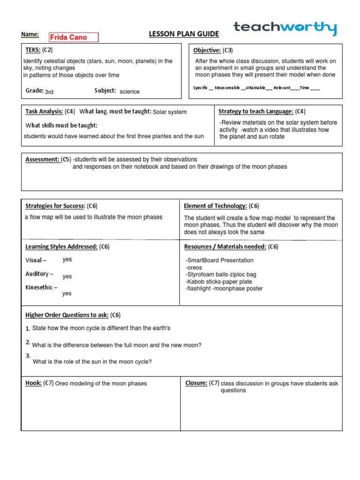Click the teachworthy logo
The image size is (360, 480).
pyautogui.click(x=285, y=28)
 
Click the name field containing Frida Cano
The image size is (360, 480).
pyautogui.click(x=69, y=37)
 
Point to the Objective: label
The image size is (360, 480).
pyautogui.click(x=207, y=50)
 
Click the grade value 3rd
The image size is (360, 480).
pyautogui.click(x=49, y=92)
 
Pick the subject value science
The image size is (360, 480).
pyautogui.click(x=129, y=92)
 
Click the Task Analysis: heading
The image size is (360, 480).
pyautogui.click(x=44, y=111)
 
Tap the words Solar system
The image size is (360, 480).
pyautogui.click(x=170, y=112)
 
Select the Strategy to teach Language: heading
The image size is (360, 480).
pyautogui.click(x=256, y=111)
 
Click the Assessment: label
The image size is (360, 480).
pyautogui.click(x=42, y=159)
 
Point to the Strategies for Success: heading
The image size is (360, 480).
pyautogui.click(x=55, y=206)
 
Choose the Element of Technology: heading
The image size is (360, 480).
pyautogui.click(x=215, y=206)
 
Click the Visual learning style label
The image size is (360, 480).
pyautogui.click(x=36, y=260)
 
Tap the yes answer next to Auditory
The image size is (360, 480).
pyautogui.click(x=67, y=277)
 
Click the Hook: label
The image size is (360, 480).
pyautogui.click(x=33, y=383)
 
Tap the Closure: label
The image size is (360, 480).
pyautogui.click(x=196, y=383)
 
